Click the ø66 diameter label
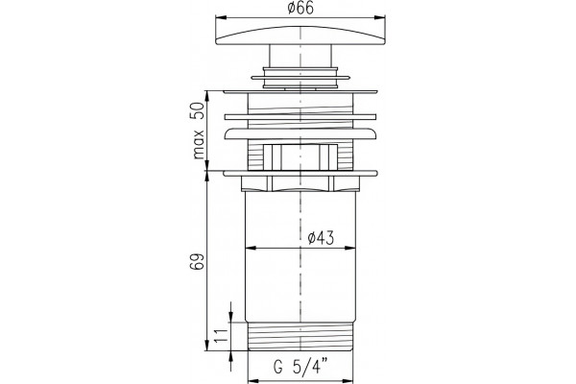[300, 8]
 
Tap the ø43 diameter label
[321, 238]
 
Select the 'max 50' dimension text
[199, 131]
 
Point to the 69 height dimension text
[197, 262]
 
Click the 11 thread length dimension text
[222, 335]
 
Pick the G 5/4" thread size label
[300, 367]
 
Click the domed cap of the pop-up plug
[300, 36]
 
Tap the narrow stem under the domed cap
[300, 56]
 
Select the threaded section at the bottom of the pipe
[300, 337]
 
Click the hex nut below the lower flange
[300, 183]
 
